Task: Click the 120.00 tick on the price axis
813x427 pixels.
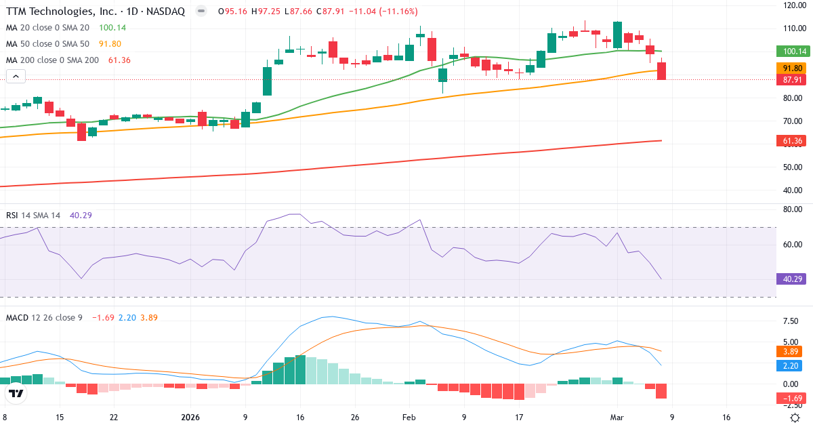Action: (793, 5)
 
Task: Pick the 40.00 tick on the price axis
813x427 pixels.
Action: (793, 190)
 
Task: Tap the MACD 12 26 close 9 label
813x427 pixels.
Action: (44, 317)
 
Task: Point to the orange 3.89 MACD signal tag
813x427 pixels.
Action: (789, 352)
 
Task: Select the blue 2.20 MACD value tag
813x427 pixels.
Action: (789, 365)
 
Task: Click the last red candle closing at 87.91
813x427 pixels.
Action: (661, 71)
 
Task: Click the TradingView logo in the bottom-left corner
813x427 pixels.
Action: (17, 394)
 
